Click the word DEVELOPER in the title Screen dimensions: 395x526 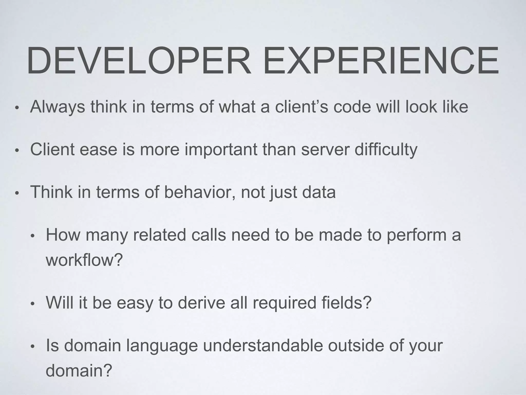139,61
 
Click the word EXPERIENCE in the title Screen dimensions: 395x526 380,61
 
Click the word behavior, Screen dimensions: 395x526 200,192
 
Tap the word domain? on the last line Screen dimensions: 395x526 79,370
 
